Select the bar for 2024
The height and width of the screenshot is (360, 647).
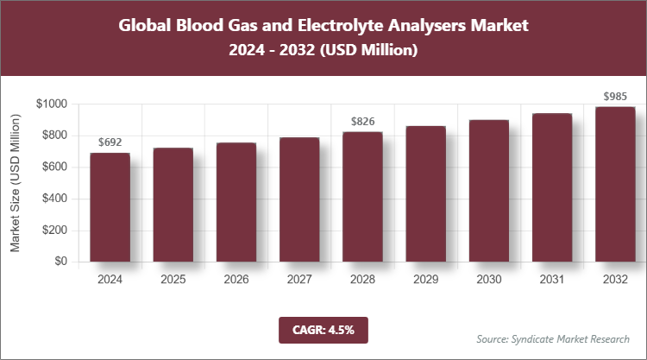pyautogui.click(x=110, y=207)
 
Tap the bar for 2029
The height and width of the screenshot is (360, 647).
pyautogui.click(x=425, y=194)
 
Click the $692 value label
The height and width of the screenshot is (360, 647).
pyautogui.click(x=110, y=142)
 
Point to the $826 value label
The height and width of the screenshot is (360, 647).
pyautogui.click(x=362, y=121)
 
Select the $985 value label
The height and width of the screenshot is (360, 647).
pyautogui.click(x=615, y=95)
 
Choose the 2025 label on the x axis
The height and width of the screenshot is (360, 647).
pyautogui.click(x=173, y=280)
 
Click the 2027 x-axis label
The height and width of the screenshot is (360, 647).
pyautogui.click(x=299, y=280)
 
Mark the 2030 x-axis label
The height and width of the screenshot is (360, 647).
pyautogui.click(x=488, y=280)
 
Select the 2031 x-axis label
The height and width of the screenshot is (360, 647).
pyautogui.click(x=552, y=280)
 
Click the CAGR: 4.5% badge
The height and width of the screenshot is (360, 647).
pyautogui.click(x=323, y=329)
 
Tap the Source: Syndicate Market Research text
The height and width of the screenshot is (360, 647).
pyautogui.click(x=553, y=338)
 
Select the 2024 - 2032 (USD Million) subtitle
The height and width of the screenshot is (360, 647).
pyautogui.click(x=323, y=51)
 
